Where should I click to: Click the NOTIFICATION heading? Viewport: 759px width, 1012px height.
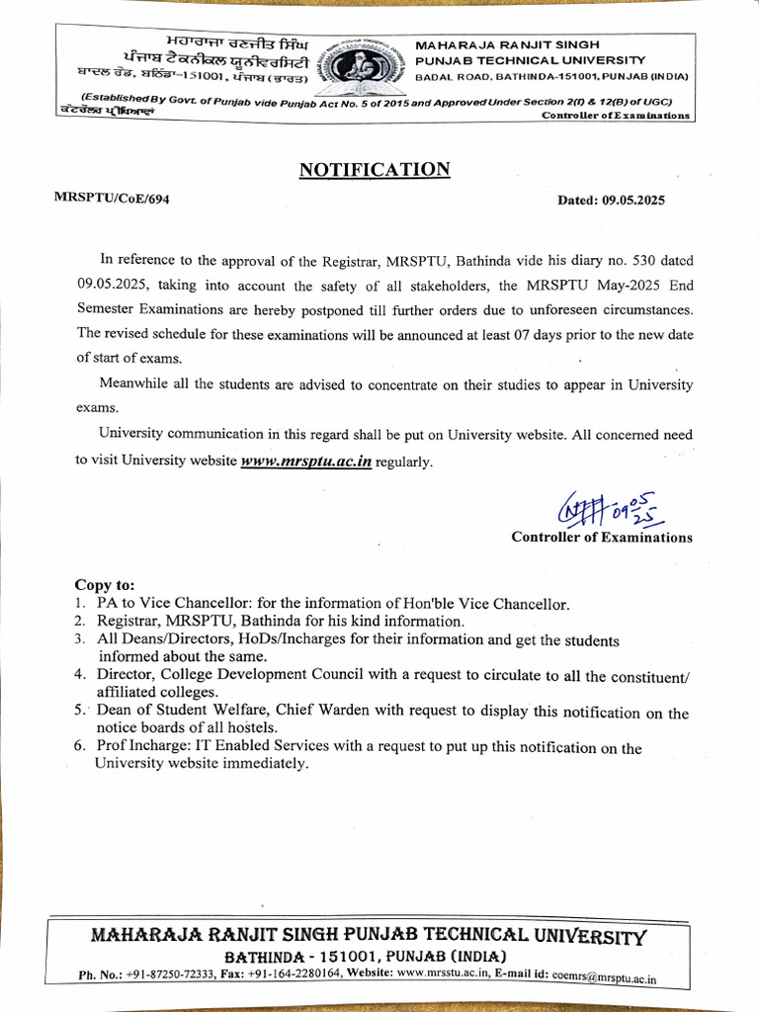[375, 170]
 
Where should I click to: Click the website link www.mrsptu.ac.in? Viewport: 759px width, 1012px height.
[306, 462]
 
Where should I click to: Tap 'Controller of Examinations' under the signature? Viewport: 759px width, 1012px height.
[601, 538]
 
